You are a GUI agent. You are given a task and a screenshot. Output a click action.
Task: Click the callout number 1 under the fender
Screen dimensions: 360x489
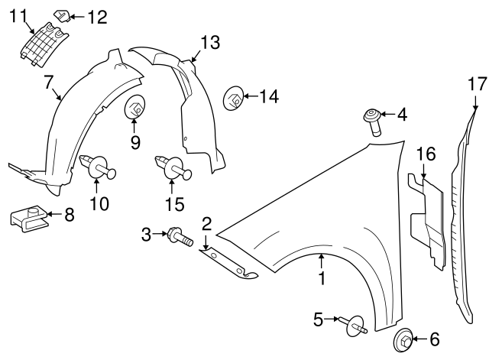coord(322,280)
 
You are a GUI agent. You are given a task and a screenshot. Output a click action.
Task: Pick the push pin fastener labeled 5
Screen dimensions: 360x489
coord(356,326)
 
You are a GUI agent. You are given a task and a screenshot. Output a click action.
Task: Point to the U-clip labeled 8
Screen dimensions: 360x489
coord(27,219)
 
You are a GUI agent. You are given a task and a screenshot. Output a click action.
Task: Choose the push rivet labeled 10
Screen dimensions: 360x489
coord(97,167)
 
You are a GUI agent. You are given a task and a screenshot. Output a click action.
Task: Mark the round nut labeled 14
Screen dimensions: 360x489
coord(234,98)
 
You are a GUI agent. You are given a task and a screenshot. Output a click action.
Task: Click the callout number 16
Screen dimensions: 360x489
coord(426,154)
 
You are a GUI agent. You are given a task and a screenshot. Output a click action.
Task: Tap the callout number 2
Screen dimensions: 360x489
coord(206,223)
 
